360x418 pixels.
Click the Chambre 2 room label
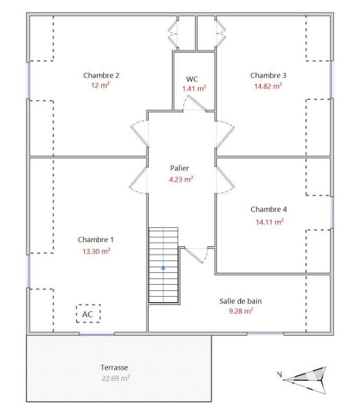pyautogui.click(x=101, y=75)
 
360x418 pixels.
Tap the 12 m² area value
pyautogui.click(x=101, y=86)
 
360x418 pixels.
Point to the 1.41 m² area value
pyautogui.click(x=194, y=89)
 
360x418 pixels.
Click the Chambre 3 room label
pyautogui.click(x=268, y=75)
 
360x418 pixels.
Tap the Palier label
pyautogui.click(x=180, y=168)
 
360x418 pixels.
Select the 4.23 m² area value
pyautogui.click(x=181, y=179)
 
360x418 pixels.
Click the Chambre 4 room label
pyautogui.click(x=269, y=209)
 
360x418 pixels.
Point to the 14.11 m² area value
pyautogui.click(x=269, y=222)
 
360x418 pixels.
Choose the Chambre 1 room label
pyautogui.click(x=95, y=239)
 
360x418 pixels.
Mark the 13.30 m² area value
pyautogui.click(x=96, y=250)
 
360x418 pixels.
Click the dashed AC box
pyautogui.click(x=88, y=314)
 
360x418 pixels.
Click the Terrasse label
pyautogui.click(x=114, y=367)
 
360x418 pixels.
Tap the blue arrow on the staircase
pyautogui.click(x=163, y=268)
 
